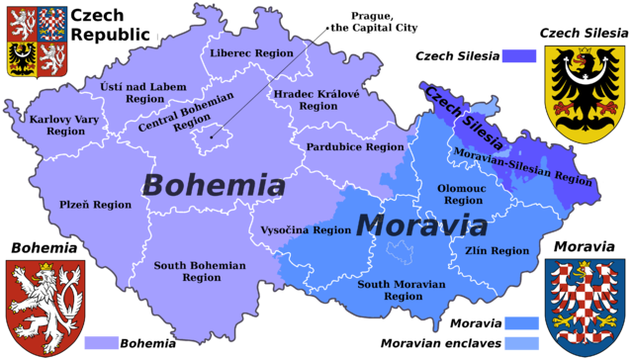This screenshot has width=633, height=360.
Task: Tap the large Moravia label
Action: (x=421, y=225)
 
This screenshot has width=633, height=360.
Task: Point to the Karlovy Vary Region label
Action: (x=57, y=125)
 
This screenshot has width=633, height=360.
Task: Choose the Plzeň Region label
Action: (x=94, y=205)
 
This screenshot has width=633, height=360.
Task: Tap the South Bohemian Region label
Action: (x=201, y=272)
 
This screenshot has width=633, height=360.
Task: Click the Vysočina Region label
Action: (x=306, y=229)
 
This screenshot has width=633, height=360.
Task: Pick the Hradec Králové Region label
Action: (x=317, y=99)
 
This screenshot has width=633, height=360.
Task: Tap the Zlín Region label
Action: (x=497, y=251)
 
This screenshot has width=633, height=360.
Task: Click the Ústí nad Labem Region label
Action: (x=143, y=93)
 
